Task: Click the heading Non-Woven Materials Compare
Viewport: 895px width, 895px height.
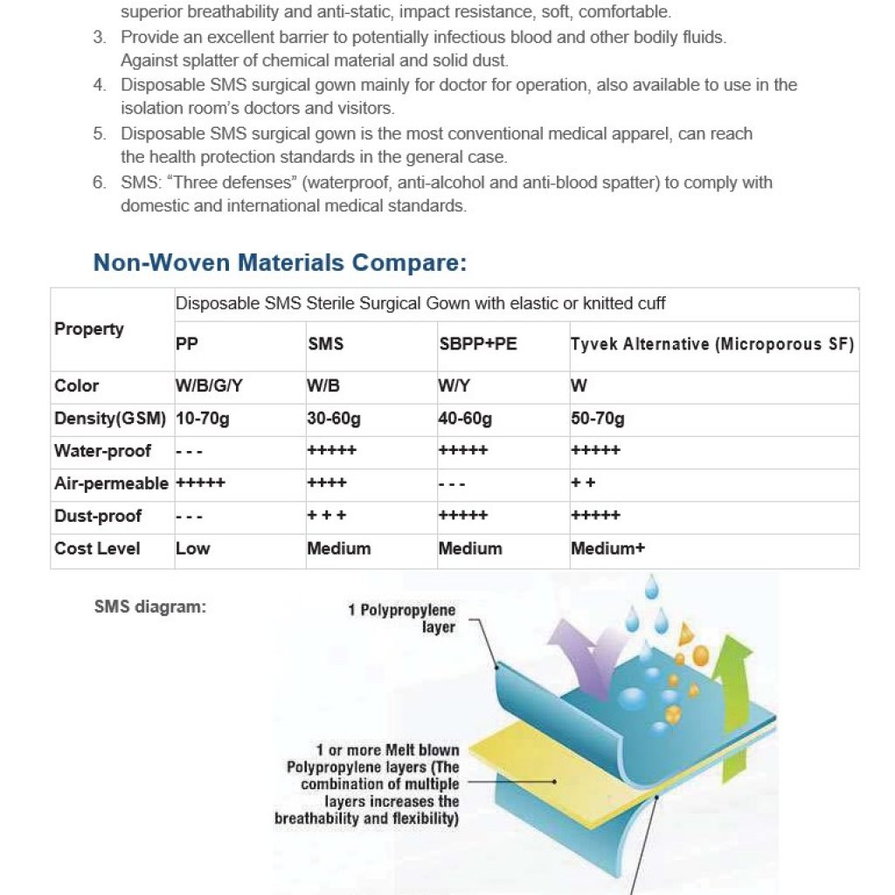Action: coord(280,262)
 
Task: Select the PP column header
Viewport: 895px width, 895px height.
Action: coord(187,344)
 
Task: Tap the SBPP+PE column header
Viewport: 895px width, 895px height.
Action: coord(477,344)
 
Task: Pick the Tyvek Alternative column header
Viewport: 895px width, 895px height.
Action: coord(712,344)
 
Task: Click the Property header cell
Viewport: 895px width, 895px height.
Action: coord(89,329)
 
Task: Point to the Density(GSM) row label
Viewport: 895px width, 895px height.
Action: coord(110,420)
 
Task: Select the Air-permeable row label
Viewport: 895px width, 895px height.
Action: coord(111,483)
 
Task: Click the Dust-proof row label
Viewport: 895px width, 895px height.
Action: coord(98,516)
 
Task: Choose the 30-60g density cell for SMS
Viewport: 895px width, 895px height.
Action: coord(334,420)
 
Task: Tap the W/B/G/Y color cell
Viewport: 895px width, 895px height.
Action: coord(208,386)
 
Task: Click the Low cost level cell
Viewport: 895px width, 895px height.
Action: coord(193,549)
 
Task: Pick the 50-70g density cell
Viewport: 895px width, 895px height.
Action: coord(598,420)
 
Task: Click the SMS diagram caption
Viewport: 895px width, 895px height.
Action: coord(150,605)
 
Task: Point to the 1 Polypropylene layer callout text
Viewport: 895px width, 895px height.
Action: coord(401,619)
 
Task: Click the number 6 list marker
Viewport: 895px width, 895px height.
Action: coord(100,183)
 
